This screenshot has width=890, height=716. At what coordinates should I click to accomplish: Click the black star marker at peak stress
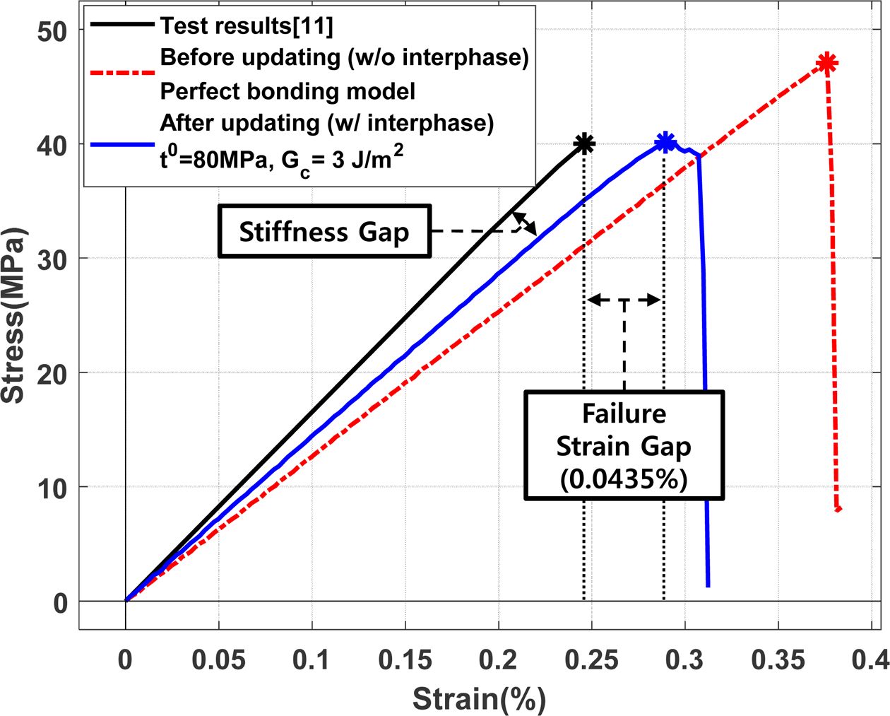click(584, 143)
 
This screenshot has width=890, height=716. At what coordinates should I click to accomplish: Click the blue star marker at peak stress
click(665, 142)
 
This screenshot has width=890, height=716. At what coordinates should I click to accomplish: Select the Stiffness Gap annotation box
click(324, 232)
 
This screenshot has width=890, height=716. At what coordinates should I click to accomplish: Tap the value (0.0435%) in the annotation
click(624, 479)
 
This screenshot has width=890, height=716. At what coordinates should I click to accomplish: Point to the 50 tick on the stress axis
click(52, 30)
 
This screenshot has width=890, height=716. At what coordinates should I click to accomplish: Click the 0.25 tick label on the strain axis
click(591, 660)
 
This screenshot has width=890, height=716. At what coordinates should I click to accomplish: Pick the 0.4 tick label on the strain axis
click(869, 660)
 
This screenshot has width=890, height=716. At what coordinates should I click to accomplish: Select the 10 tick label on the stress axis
click(52, 488)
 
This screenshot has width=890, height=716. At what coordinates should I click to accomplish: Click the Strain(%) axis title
click(479, 699)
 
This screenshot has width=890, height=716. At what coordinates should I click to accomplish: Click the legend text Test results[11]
click(247, 26)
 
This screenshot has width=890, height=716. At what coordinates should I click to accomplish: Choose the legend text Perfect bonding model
click(287, 90)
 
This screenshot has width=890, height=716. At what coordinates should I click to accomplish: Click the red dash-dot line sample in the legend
click(121, 72)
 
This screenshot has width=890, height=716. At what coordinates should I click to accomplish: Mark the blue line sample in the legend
click(121, 144)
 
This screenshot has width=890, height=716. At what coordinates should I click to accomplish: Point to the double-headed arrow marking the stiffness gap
click(524, 223)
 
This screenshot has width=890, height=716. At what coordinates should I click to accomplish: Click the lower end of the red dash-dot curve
click(838, 509)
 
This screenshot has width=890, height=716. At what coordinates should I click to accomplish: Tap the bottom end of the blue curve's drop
click(708, 585)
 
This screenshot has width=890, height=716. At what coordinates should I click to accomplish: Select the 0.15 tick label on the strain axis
click(405, 660)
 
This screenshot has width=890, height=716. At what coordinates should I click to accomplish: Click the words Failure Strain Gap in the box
click(624, 430)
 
